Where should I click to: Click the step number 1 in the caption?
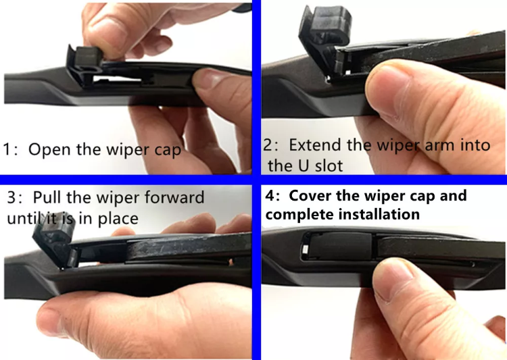tap(9, 149)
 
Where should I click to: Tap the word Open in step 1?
tap(51, 149)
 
